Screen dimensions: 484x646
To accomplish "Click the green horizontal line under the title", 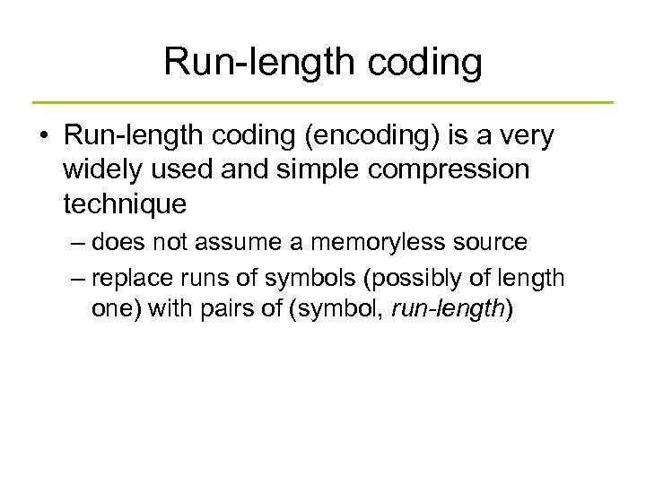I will tap(323, 102).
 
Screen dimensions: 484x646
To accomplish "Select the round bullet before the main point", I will tap(43, 136).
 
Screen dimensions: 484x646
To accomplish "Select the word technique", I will tap(125, 203).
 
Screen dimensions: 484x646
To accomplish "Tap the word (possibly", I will tap(405, 278).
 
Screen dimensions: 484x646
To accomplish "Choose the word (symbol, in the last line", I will tap(340, 309).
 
